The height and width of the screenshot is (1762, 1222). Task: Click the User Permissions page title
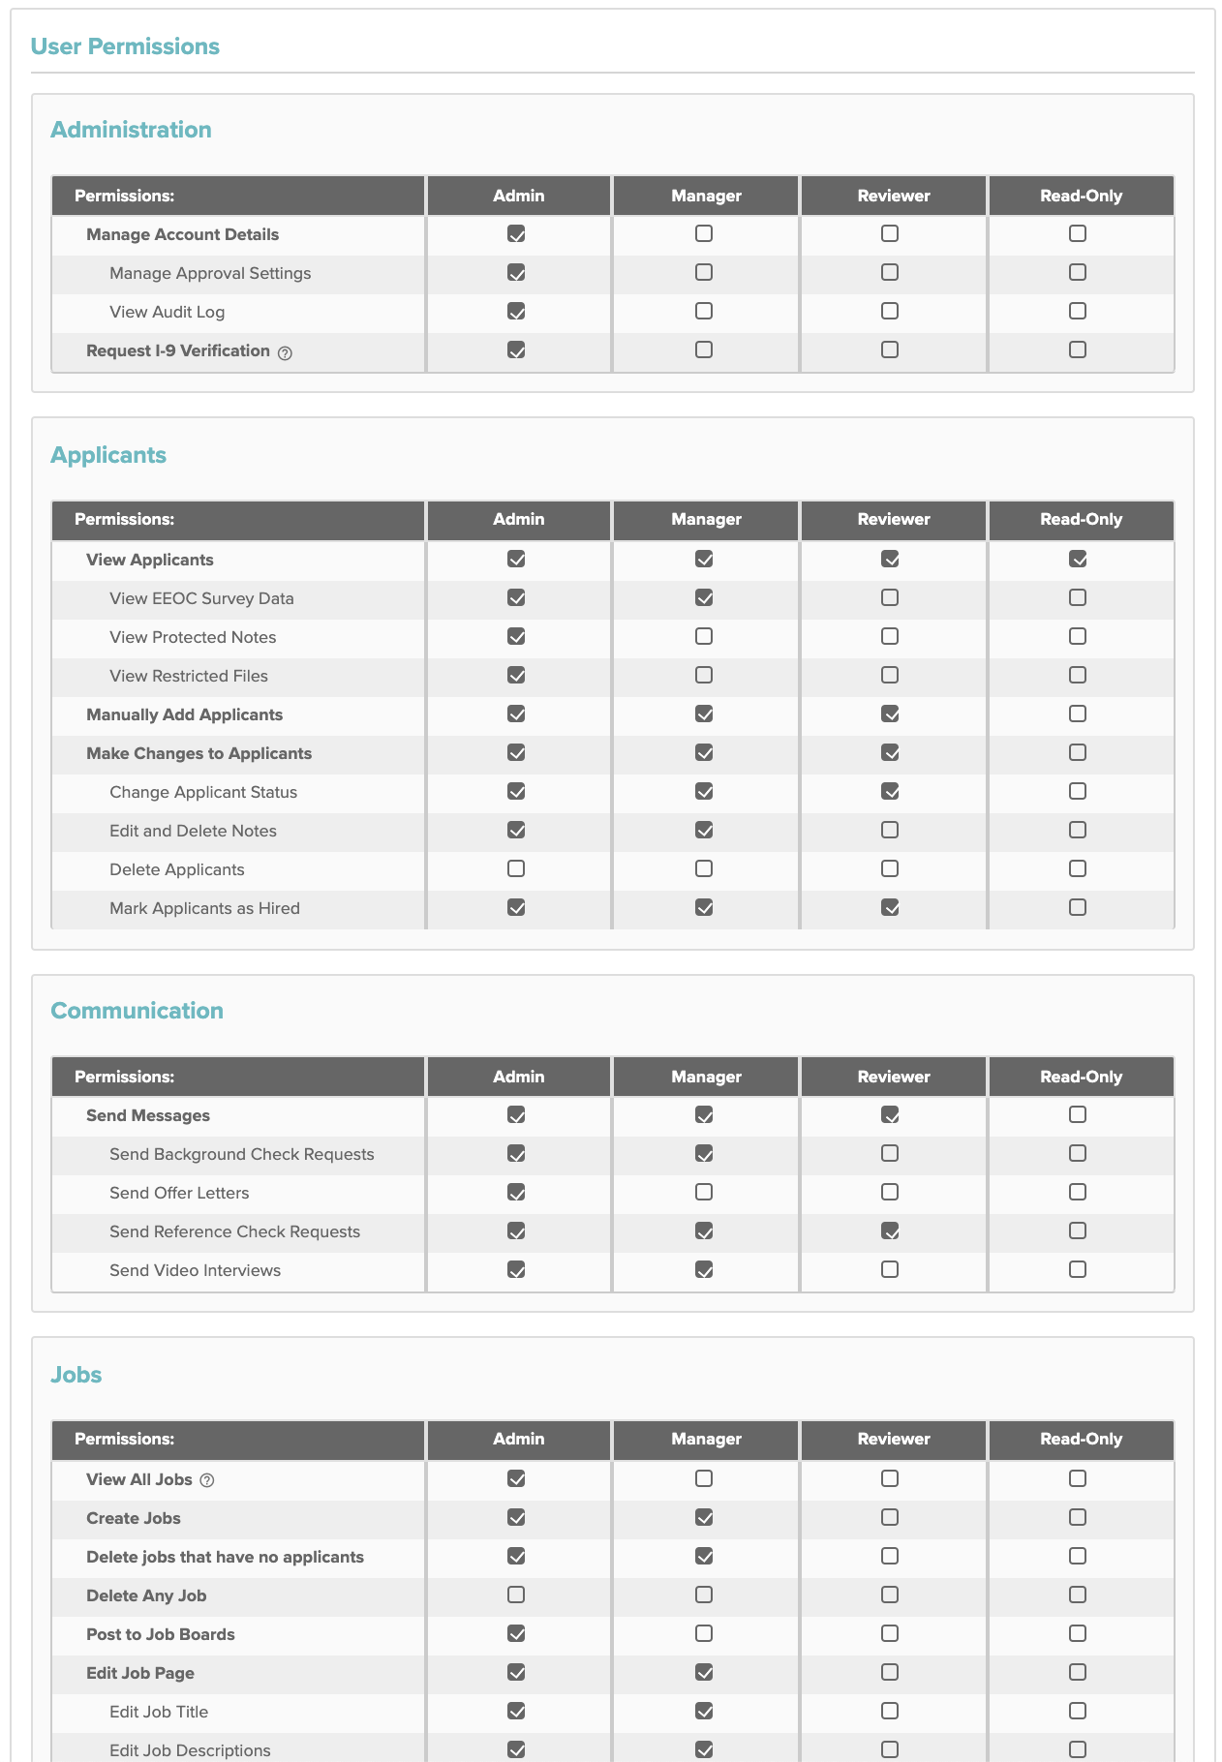pyautogui.click(x=125, y=46)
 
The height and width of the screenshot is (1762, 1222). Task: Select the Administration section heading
pyautogui.click(x=131, y=130)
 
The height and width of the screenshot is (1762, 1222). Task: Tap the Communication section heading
pyautogui.click(x=137, y=1011)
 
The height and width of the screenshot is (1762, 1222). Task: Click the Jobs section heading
pyautogui.click(x=76, y=1375)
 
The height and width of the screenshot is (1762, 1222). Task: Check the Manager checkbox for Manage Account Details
pyautogui.click(x=704, y=233)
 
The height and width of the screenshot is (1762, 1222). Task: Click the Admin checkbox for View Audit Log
pyautogui.click(x=516, y=311)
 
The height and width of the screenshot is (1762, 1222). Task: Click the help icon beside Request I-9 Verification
pyautogui.click(x=285, y=353)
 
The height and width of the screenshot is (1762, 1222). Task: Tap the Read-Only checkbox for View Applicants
pyautogui.click(x=1078, y=559)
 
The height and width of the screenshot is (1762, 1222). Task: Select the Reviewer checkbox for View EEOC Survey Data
pyautogui.click(x=890, y=597)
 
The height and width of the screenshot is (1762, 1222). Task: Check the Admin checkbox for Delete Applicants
pyautogui.click(x=516, y=868)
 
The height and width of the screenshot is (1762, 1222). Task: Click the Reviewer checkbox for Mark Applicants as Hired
pyautogui.click(x=890, y=907)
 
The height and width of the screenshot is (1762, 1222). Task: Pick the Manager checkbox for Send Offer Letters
pyautogui.click(x=704, y=1192)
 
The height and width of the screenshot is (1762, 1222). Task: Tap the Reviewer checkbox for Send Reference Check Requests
pyautogui.click(x=890, y=1230)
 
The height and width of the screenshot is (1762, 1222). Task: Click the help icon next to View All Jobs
pyautogui.click(x=207, y=1480)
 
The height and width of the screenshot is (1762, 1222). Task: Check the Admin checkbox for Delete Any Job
pyautogui.click(x=516, y=1595)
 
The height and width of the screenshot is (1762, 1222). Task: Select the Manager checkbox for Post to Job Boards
pyautogui.click(x=704, y=1633)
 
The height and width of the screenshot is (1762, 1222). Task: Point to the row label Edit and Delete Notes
pyautogui.click(x=193, y=831)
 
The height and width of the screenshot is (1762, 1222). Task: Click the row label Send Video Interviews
pyautogui.click(x=195, y=1270)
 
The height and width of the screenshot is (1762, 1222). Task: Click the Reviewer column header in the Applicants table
pyautogui.click(x=893, y=519)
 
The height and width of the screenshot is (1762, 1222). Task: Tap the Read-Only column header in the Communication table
pyautogui.click(x=1081, y=1077)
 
